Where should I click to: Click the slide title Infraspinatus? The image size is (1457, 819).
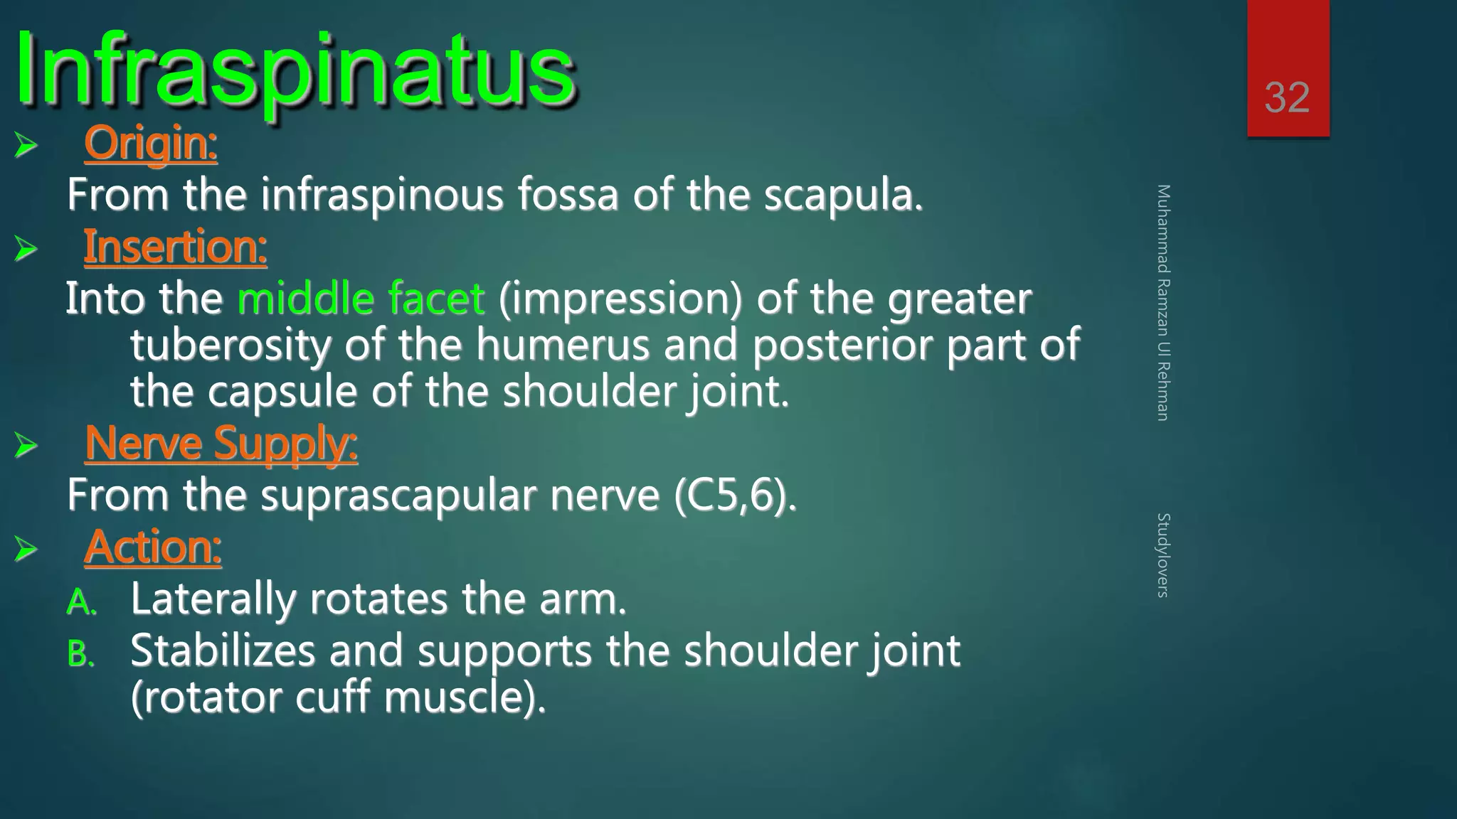(x=295, y=71)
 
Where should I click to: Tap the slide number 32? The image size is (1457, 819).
(x=1287, y=97)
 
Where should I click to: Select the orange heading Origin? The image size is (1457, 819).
(x=150, y=144)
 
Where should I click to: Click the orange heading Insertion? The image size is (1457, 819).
(x=175, y=247)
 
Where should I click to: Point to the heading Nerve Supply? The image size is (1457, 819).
(x=221, y=444)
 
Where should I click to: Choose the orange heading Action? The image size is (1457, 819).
(x=153, y=547)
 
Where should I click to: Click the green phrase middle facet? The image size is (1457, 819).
(x=361, y=299)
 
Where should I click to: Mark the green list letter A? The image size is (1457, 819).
(x=80, y=603)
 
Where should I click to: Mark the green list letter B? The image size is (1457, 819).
(x=80, y=654)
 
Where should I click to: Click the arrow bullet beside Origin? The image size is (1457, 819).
(x=26, y=146)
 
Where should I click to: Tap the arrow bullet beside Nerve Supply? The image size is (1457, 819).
(x=26, y=446)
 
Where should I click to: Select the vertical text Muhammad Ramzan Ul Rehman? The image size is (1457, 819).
(x=1162, y=302)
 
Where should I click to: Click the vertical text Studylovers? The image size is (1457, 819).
(x=1162, y=555)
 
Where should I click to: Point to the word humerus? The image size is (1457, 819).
(x=562, y=345)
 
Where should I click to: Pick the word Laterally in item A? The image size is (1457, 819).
(x=213, y=599)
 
